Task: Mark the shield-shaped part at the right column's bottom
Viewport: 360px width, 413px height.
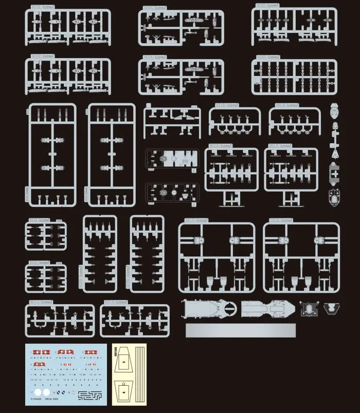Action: (334, 196)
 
